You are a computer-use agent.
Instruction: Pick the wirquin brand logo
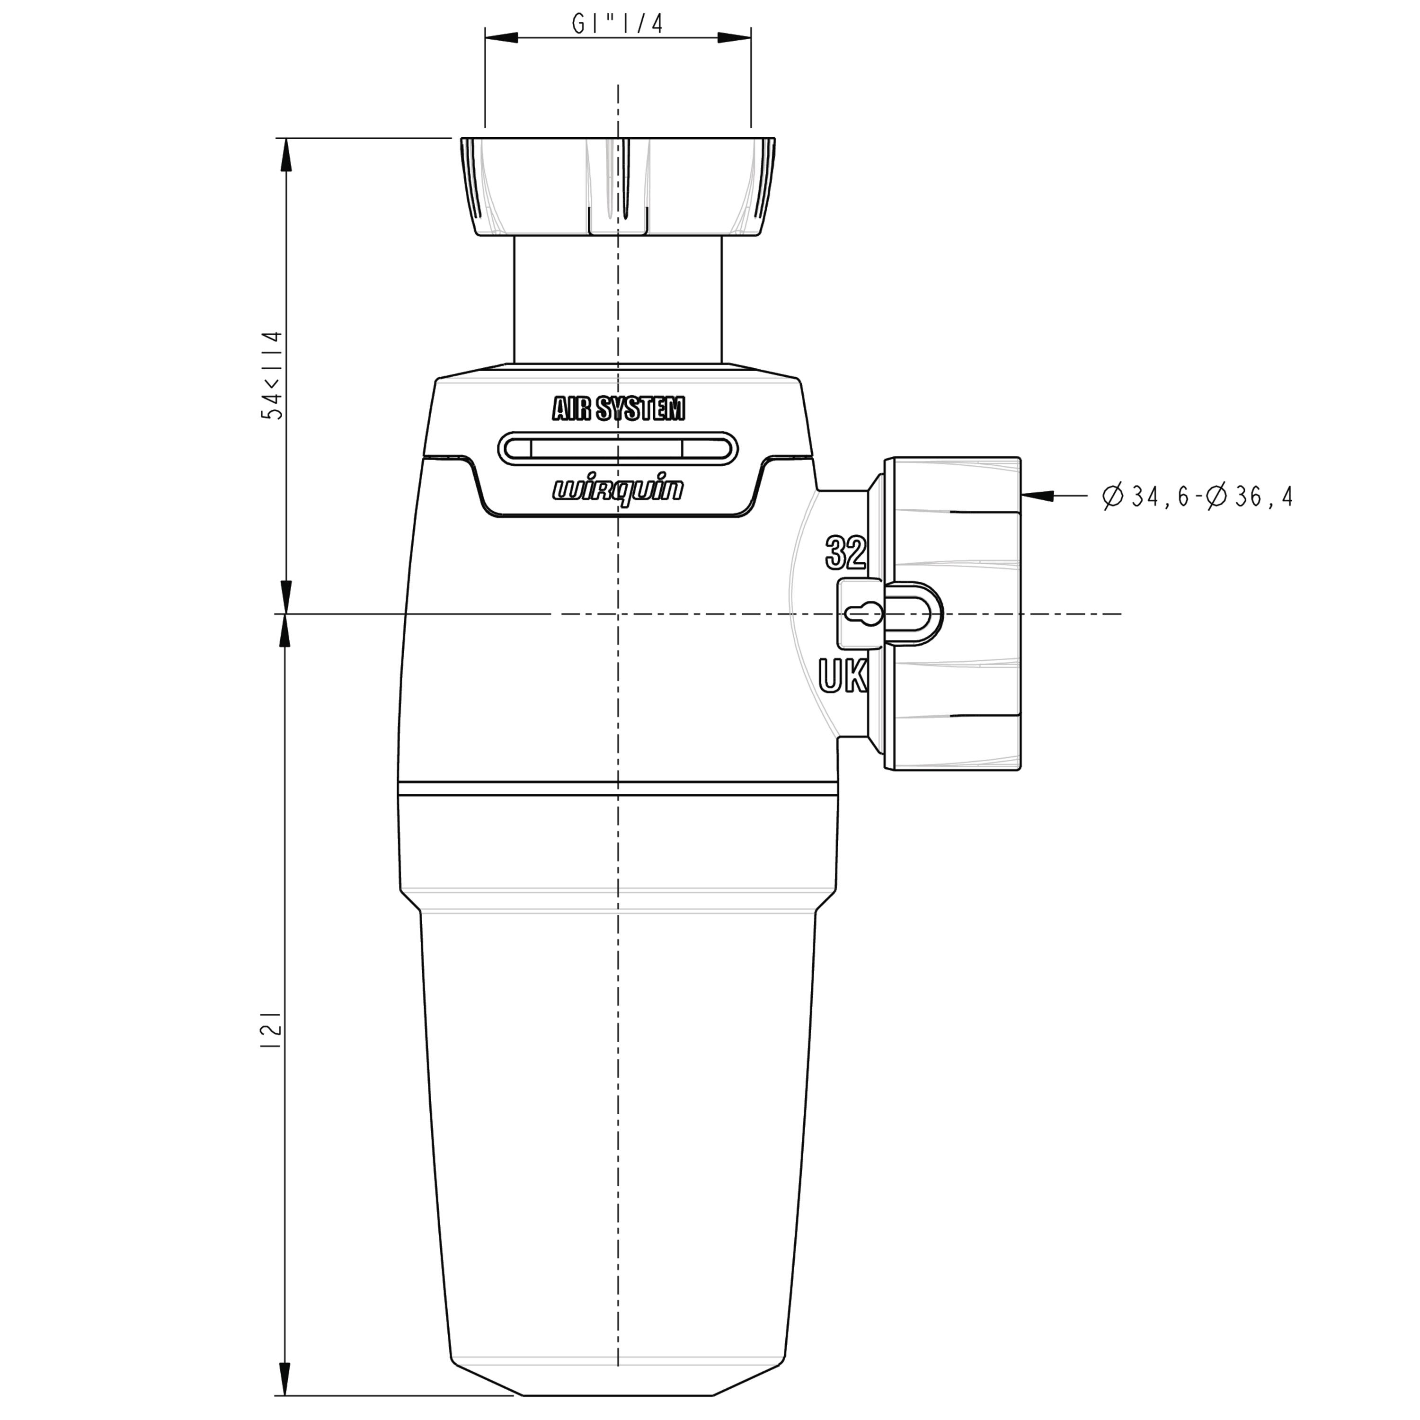[x=618, y=489]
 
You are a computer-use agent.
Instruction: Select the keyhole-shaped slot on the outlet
[x=864, y=613]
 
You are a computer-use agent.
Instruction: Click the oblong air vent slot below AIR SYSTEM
[x=618, y=448]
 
